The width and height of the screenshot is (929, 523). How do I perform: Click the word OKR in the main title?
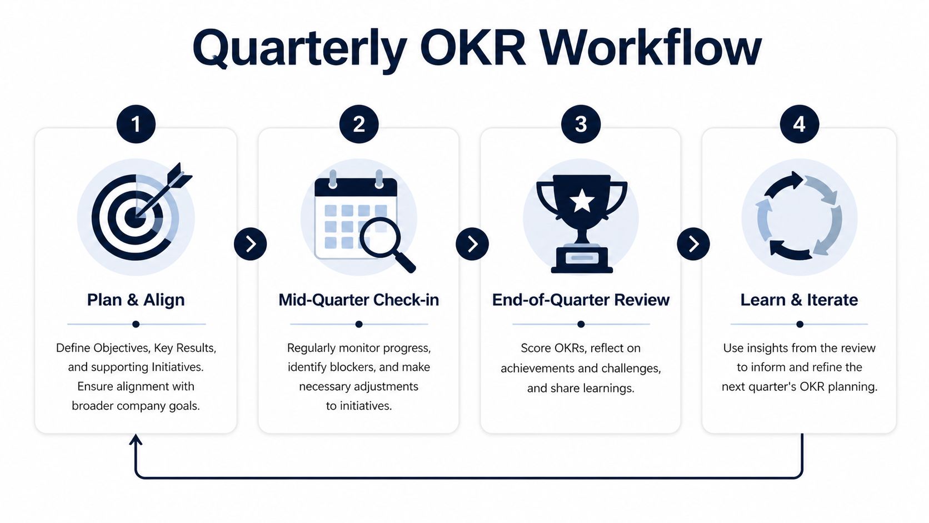pyautogui.click(x=473, y=48)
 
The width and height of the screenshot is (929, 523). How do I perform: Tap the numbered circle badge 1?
pyautogui.click(x=136, y=124)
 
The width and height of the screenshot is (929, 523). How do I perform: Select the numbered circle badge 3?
pyautogui.click(x=581, y=124)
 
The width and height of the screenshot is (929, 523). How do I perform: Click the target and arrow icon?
pyautogui.click(x=141, y=212)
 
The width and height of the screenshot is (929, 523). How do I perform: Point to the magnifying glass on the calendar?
pyautogui.click(x=386, y=243)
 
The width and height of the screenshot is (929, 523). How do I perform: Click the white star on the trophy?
pyautogui.click(x=581, y=200)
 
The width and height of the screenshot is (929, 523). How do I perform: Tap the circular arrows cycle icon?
pyautogui.click(x=799, y=216)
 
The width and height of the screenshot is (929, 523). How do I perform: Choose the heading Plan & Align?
pyautogui.click(x=136, y=300)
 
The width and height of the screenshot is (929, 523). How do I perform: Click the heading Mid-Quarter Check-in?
pyautogui.click(x=359, y=300)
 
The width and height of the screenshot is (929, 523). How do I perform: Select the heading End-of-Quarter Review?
pyautogui.click(x=581, y=300)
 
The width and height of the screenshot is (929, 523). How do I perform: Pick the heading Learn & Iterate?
pyautogui.click(x=799, y=300)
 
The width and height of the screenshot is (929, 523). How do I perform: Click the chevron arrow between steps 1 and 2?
pyautogui.click(x=251, y=244)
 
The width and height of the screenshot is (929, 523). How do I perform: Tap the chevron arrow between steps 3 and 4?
pyautogui.click(x=693, y=244)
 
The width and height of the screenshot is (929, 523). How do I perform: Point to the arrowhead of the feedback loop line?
pyautogui.click(x=136, y=439)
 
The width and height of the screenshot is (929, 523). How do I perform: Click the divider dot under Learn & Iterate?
pyautogui.click(x=800, y=324)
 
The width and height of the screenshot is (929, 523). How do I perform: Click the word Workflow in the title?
pyautogui.click(x=651, y=48)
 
